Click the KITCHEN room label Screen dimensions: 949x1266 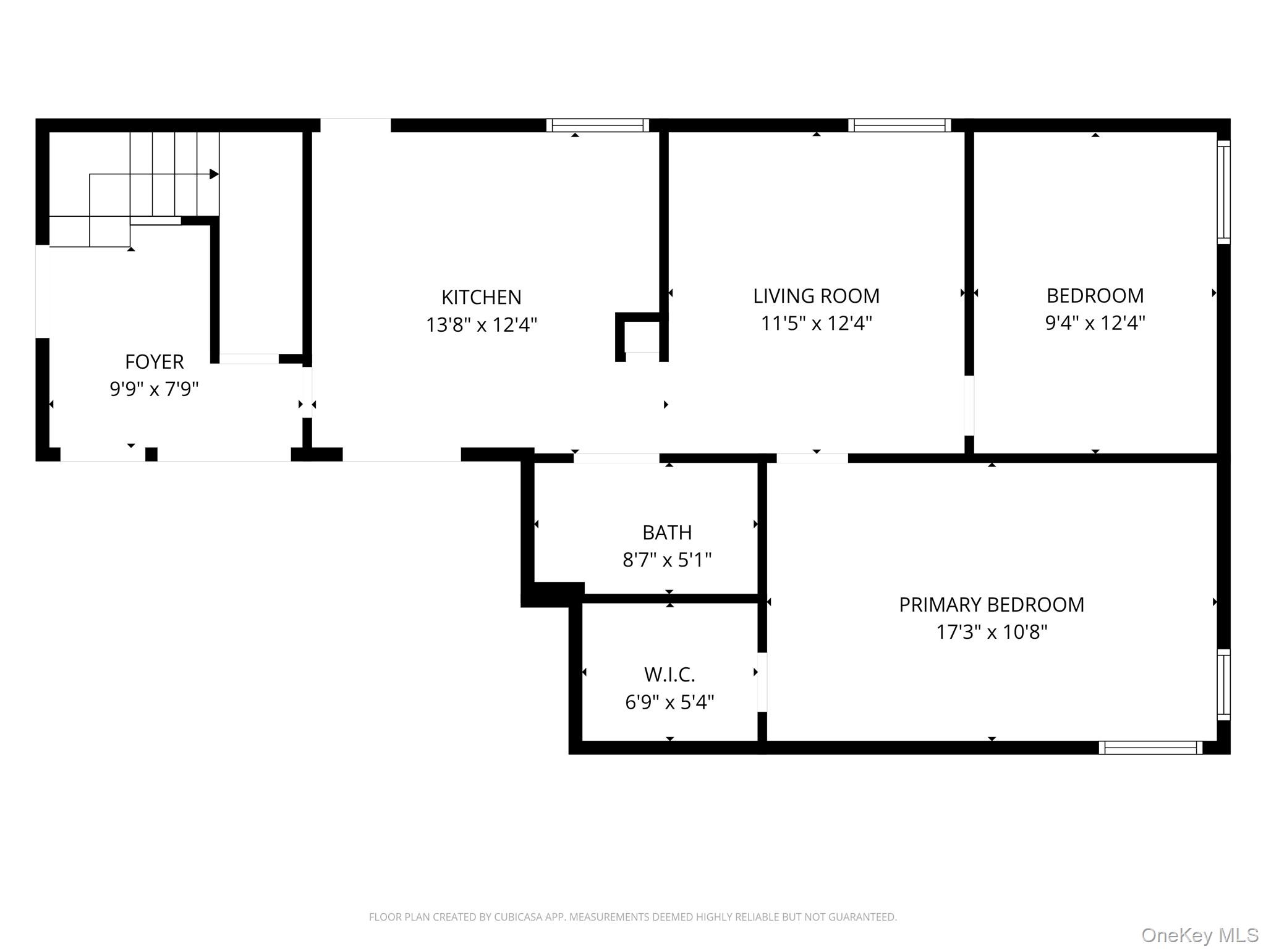(x=481, y=297)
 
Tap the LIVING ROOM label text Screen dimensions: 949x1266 (x=816, y=296)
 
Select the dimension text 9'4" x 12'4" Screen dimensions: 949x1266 (x=1095, y=323)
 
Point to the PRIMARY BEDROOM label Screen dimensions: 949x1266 (x=991, y=604)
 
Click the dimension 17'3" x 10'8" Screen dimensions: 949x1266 (x=991, y=632)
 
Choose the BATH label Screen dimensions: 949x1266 (x=666, y=532)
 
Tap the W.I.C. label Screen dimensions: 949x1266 (x=669, y=674)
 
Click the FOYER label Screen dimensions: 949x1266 (x=154, y=361)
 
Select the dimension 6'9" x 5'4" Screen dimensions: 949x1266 (x=669, y=702)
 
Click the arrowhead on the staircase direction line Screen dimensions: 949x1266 (x=214, y=174)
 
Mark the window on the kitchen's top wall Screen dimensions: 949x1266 (x=598, y=125)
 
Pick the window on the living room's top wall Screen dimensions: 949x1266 (x=899, y=125)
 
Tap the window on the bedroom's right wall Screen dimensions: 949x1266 (x=1223, y=192)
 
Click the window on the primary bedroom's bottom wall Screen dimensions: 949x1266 (x=1150, y=748)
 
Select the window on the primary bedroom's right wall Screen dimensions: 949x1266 (x=1223, y=685)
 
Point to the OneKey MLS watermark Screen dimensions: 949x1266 (x=1199, y=935)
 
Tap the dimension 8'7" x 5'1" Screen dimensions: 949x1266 (x=666, y=560)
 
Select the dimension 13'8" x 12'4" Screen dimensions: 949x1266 (x=481, y=324)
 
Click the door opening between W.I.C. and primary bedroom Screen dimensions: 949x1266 (x=762, y=682)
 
